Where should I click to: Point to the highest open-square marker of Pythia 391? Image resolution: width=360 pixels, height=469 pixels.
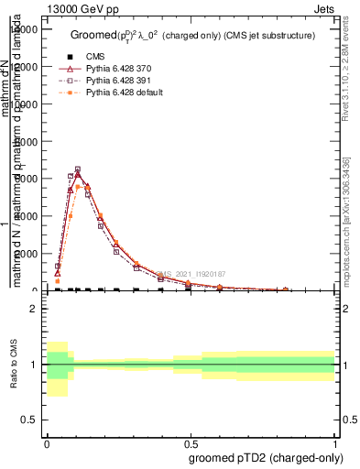tap(78, 169)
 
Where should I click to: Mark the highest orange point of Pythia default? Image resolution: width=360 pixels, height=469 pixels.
tap(79, 186)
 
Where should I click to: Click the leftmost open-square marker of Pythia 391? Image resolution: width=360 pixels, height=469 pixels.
tap(58, 266)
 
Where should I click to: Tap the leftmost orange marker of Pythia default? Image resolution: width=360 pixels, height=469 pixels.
tap(58, 281)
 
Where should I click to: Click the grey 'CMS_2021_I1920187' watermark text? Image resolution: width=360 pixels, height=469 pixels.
tap(189, 274)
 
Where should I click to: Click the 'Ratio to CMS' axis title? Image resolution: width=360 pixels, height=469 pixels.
tap(14, 365)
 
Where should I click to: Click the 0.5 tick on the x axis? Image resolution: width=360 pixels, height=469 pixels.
tap(191, 442)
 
